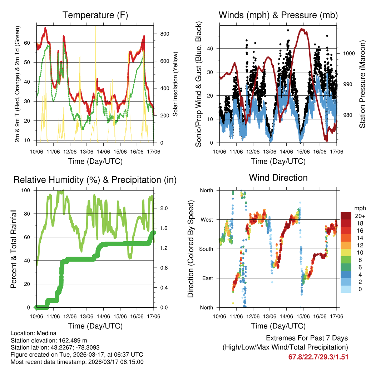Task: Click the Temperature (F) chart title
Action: point(95,15)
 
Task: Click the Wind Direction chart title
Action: point(278,177)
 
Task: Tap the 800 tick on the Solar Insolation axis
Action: point(164,34)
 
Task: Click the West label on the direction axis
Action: point(206,219)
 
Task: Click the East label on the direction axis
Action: point(207,278)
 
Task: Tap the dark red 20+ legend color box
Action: point(347,216)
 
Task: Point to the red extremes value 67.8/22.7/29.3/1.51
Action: point(318,357)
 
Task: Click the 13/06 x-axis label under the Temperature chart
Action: point(86,152)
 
